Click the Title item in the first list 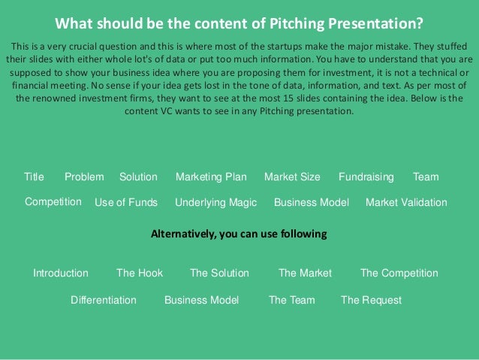pyautogui.click(x=34, y=177)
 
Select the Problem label pyautogui.click(x=84, y=177)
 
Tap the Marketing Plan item pyautogui.click(x=211, y=177)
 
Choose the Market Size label pyautogui.click(x=292, y=177)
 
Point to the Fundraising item pyautogui.click(x=366, y=177)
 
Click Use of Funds pyautogui.click(x=126, y=203)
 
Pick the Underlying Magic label pyautogui.click(x=215, y=203)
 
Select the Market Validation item pyautogui.click(x=405, y=203)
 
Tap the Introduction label pyautogui.click(x=61, y=274)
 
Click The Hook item pyautogui.click(x=140, y=274)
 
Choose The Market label pyautogui.click(x=305, y=274)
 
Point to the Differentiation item pyautogui.click(x=104, y=301)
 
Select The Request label pyautogui.click(x=371, y=301)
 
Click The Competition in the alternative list pyautogui.click(x=399, y=274)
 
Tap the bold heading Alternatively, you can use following pyautogui.click(x=239, y=234)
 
